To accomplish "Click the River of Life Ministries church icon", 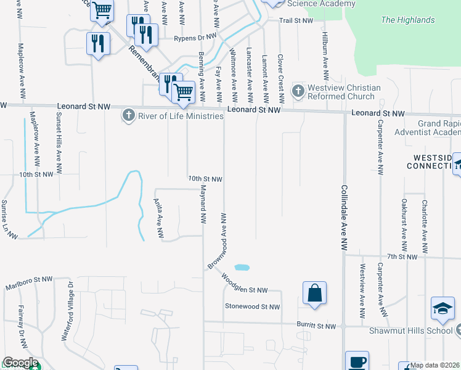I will point(128,116).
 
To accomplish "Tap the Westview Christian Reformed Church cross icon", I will point(298,92).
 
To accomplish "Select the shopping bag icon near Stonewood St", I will point(314,294).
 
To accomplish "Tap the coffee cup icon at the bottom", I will point(357,362).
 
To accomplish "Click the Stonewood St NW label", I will point(252,306).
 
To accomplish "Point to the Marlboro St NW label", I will point(27,284).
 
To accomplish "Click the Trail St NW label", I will point(296,21).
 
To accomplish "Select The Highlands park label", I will point(407,20).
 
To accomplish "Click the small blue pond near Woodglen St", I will point(242,268).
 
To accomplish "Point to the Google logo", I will point(20,363).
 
